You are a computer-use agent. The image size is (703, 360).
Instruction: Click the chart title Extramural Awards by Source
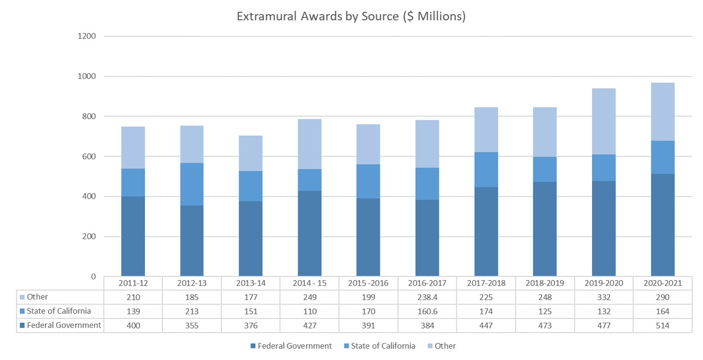click(351, 17)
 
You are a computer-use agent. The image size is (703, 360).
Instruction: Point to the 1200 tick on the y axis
click(87, 36)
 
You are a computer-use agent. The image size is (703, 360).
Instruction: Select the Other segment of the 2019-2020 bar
click(604, 122)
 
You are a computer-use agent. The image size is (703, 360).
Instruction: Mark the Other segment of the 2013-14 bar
click(251, 153)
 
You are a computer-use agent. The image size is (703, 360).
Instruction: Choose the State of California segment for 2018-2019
click(545, 169)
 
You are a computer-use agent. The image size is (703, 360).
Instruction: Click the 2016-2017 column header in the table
click(427, 283)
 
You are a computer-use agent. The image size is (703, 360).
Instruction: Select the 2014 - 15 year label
click(310, 283)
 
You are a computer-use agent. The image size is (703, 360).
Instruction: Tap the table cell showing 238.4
click(427, 297)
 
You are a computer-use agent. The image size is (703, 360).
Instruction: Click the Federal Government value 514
click(662, 325)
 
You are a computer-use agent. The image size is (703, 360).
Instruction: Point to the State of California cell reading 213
click(192, 311)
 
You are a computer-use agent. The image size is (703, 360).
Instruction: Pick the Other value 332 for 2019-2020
click(604, 297)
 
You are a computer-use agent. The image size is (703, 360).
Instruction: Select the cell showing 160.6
click(427, 311)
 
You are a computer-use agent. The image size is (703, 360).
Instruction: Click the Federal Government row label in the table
click(64, 325)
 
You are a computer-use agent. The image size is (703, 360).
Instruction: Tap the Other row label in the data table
click(37, 297)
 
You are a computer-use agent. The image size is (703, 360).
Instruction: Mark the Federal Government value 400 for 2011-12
click(133, 325)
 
